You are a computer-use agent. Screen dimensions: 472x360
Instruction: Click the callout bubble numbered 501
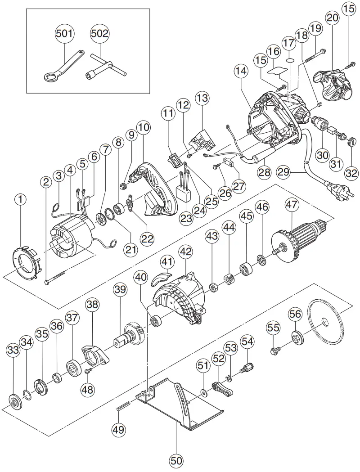tap(65, 34)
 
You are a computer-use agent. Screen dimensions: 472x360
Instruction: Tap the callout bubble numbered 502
tap(100, 34)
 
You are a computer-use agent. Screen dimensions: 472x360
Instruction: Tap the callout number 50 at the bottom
tap(176, 460)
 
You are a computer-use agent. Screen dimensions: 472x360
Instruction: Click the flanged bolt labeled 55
tap(274, 349)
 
